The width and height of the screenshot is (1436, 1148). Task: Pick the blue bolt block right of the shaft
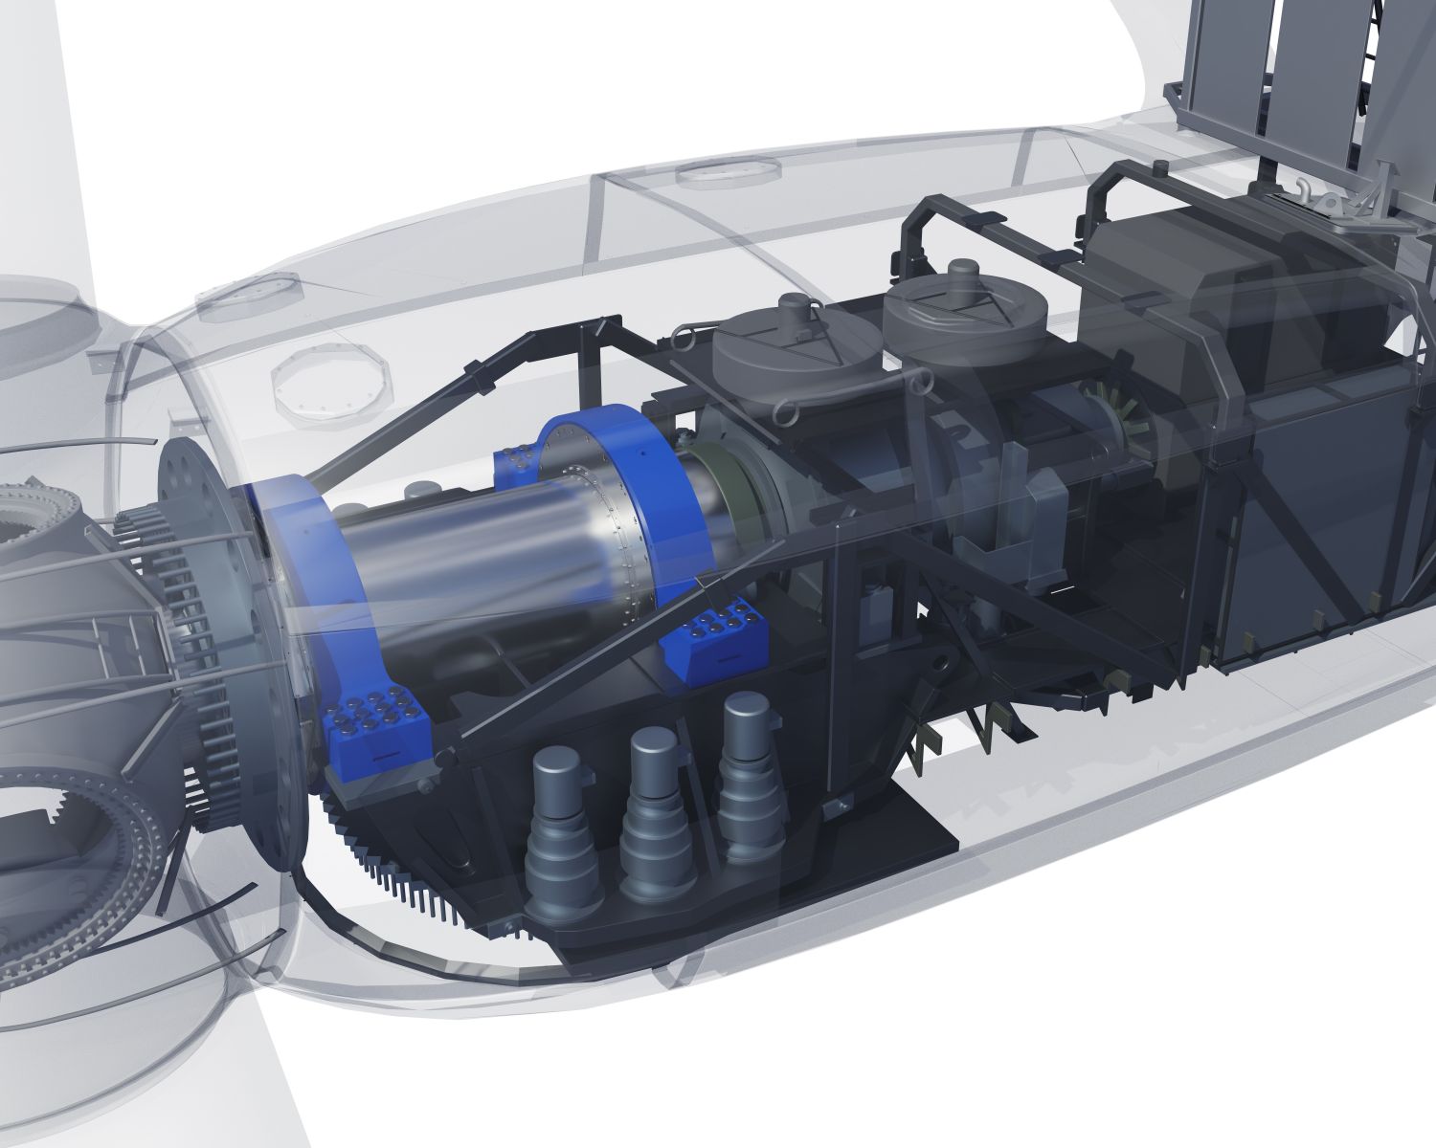click(713, 636)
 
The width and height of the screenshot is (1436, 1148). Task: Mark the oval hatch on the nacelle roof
click(725, 171)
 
